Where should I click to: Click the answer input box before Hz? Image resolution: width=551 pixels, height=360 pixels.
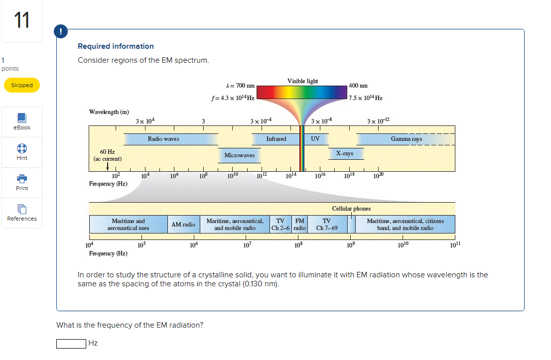[x=71, y=344]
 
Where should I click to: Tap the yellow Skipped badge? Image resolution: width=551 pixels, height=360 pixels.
[x=22, y=85]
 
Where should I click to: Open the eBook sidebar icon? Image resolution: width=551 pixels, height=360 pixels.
[x=22, y=119]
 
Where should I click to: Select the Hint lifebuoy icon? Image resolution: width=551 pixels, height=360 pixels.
[x=22, y=149]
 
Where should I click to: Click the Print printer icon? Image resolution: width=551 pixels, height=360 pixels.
[x=22, y=179]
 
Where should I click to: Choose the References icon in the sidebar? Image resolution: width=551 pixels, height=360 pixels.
[x=22, y=209]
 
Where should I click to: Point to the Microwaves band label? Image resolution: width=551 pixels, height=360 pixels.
[x=239, y=155]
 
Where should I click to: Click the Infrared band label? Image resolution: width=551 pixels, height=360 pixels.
[x=276, y=139]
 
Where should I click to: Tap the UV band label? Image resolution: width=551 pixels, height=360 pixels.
[x=315, y=139]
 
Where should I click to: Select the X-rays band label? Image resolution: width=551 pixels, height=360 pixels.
[x=344, y=153]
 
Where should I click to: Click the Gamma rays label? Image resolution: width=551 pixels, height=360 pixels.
[x=406, y=139]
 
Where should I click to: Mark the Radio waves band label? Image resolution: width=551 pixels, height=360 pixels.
[x=163, y=139]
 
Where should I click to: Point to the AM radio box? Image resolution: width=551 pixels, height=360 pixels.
[x=183, y=225]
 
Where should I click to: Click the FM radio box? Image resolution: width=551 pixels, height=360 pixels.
[x=299, y=225]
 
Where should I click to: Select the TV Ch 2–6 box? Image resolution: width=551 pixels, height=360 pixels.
[x=280, y=225]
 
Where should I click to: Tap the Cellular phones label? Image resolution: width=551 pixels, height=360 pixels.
[x=351, y=209]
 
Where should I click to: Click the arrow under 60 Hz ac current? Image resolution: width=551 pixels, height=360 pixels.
[x=108, y=166]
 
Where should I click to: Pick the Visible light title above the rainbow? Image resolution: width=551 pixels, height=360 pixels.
[x=302, y=81]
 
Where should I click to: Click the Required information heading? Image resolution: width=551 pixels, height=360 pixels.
[x=116, y=46]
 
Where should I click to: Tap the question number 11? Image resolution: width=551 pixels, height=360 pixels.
[x=21, y=21]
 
